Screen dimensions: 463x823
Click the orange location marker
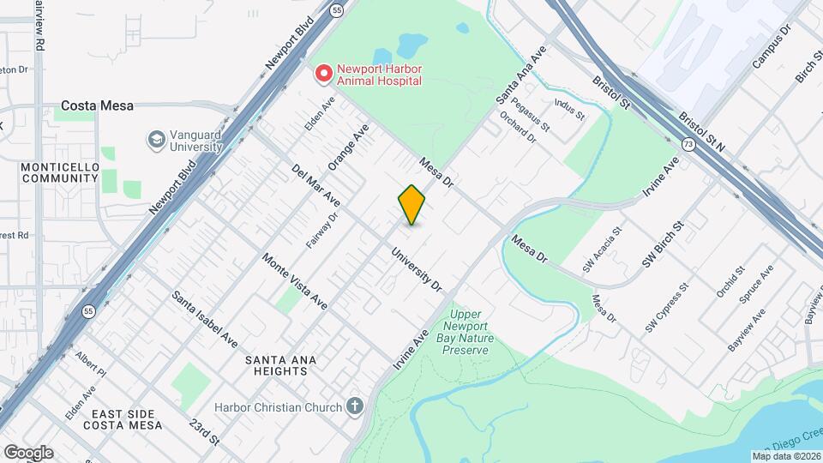[x=411, y=205]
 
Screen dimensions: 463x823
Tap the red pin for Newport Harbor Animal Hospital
[x=323, y=74]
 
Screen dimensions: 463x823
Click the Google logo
[x=27, y=452]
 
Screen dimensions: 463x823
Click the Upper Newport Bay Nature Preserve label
[x=467, y=332]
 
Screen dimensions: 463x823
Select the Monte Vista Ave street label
[x=295, y=281]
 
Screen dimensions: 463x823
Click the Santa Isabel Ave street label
[x=205, y=318]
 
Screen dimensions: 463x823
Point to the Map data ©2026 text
[x=786, y=455]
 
